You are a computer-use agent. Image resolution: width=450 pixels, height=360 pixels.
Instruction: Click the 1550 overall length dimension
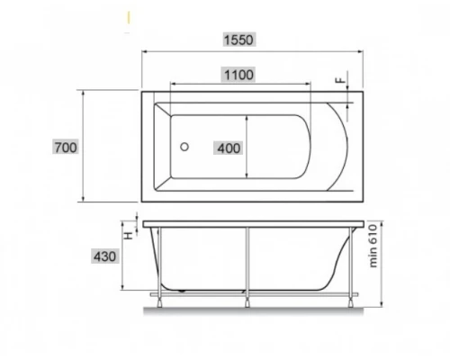239,40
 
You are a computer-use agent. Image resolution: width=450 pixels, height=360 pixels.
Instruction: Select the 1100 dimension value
238,75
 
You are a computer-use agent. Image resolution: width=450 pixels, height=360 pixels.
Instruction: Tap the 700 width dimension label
66,148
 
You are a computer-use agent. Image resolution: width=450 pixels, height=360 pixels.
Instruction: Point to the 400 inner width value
229,148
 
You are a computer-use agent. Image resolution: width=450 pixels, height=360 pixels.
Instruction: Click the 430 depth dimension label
104,256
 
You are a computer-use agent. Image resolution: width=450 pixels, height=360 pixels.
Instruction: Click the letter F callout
340,80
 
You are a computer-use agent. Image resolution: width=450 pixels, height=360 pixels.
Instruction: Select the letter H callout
129,236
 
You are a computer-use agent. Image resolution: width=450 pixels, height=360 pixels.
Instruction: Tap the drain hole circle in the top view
184,147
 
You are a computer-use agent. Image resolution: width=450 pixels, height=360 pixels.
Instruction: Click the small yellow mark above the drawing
129,17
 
